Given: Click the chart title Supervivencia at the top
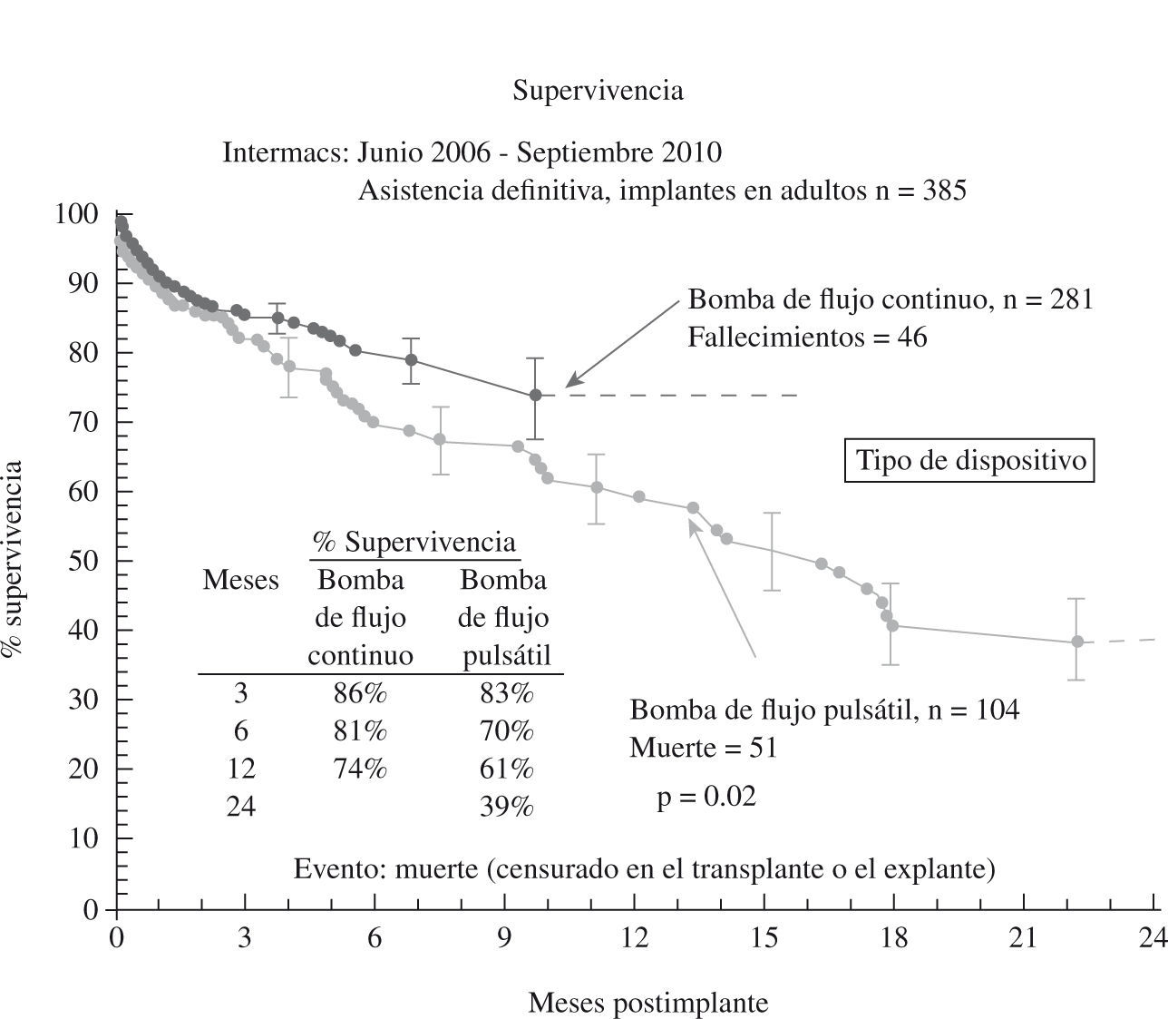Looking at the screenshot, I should coord(598,91).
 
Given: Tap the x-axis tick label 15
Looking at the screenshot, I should coord(764,938).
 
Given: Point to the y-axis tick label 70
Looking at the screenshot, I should coord(80,422).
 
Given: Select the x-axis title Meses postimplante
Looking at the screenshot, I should coord(647,1003).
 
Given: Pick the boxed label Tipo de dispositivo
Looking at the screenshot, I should coord(970,461).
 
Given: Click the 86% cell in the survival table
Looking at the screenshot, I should coord(360,694).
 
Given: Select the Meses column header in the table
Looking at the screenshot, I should coord(240,580).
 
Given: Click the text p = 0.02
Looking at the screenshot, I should coord(706,797).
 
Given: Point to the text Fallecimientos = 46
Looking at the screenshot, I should coord(807,338).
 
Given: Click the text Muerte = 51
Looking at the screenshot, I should coord(703,748).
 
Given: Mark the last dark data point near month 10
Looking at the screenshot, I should coord(535,395).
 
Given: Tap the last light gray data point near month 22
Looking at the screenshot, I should coord(1077,642).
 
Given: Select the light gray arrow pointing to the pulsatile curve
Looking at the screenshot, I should coord(723,586).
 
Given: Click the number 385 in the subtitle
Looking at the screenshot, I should coord(944,191).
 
